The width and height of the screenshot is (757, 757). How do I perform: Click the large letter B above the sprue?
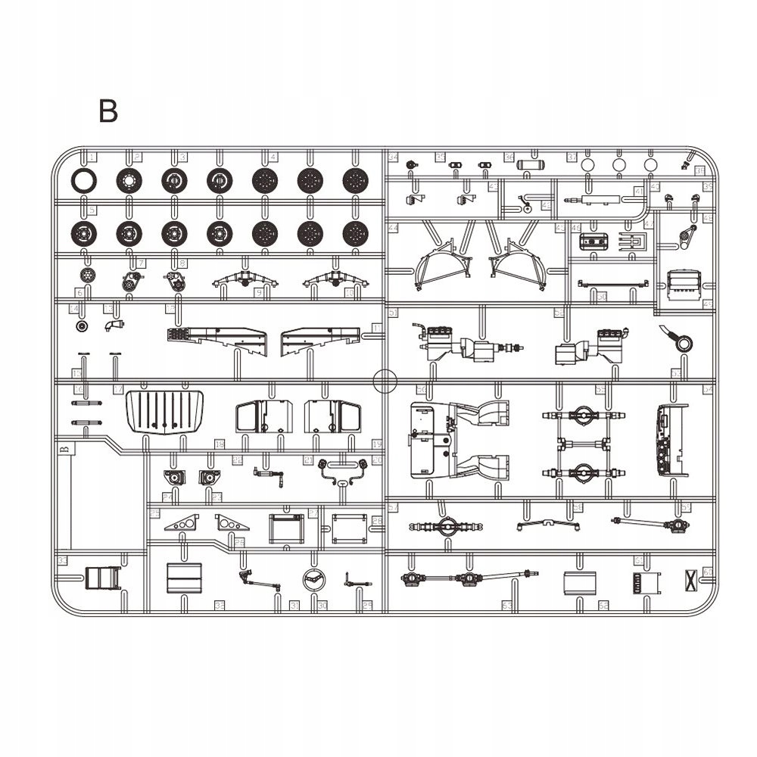coord(107,111)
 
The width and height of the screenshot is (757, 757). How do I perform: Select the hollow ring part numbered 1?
coord(83,180)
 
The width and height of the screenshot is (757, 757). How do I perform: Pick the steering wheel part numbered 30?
coord(313,581)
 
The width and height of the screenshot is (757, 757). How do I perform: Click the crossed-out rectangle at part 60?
coord(690,578)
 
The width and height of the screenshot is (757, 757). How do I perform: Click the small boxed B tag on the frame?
coord(64,449)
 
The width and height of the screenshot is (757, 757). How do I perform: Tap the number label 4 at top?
coord(273,157)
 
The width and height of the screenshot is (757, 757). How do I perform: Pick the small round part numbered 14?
coord(83,326)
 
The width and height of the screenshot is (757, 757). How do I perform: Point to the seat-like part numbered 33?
coord(101,578)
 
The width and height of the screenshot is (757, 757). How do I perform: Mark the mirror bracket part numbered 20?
coord(342,471)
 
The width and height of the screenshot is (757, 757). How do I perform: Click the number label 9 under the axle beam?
coord(259,292)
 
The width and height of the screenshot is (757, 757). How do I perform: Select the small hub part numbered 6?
coord(88,274)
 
